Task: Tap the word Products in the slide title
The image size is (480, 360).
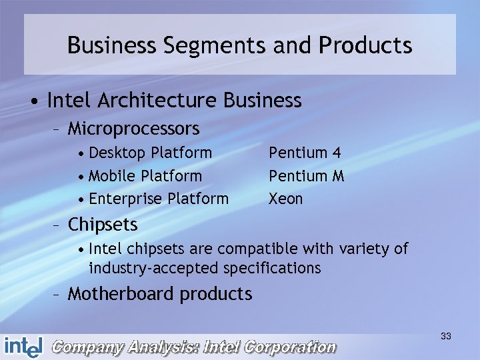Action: pyautogui.click(x=365, y=46)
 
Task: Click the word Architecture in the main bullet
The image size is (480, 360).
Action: pyautogui.click(x=158, y=101)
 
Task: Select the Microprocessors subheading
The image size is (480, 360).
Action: pyautogui.click(x=133, y=127)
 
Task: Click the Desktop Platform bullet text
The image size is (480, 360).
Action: pyautogui.click(x=150, y=153)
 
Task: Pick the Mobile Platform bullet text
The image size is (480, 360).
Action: pyautogui.click(x=145, y=176)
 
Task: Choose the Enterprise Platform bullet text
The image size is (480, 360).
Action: pyautogui.click(x=158, y=199)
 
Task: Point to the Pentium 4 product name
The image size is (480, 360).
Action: pyautogui.click(x=305, y=153)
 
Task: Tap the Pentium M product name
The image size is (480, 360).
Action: pyautogui.click(x=307, y=176)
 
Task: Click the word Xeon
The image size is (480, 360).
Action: pyautogui.click(x=285, y=199)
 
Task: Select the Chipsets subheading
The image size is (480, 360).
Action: pyautogui.click(x=103, y=225)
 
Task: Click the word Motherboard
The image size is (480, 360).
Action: pyautogui.click(x=119, y=294)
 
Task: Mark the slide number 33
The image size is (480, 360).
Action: pyautogui.click(x=446, y=337)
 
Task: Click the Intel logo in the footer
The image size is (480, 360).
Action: pyautogui.click(x=23, y=346)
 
